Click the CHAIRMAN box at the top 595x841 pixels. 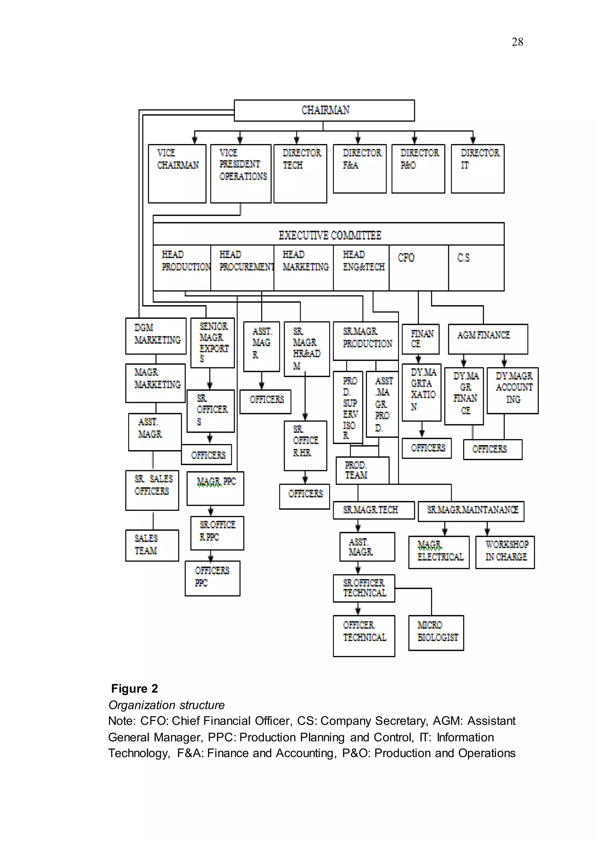pos(324,110)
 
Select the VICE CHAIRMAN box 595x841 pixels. pos(177,173)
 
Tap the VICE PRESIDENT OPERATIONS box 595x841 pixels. pos(241,173)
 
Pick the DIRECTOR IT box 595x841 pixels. pos(477,168)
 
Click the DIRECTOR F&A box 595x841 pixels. pos(359,168)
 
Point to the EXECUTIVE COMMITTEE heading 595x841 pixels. pos(330,235)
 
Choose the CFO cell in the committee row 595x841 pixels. pos(418,267)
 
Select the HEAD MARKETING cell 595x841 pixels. pos(303,267)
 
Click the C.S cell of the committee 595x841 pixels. pos(476,267)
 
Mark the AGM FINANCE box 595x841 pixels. pos(488,339)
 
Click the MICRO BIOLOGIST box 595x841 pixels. pos(436,632)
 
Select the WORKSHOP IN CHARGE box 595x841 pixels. pos(505,552)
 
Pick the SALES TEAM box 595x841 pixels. pos(152,545)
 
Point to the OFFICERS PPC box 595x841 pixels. pos(212,578)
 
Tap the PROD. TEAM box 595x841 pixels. pos(362,470)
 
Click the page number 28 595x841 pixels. pos(517,42)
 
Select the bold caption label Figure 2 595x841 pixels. pos(135,689)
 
